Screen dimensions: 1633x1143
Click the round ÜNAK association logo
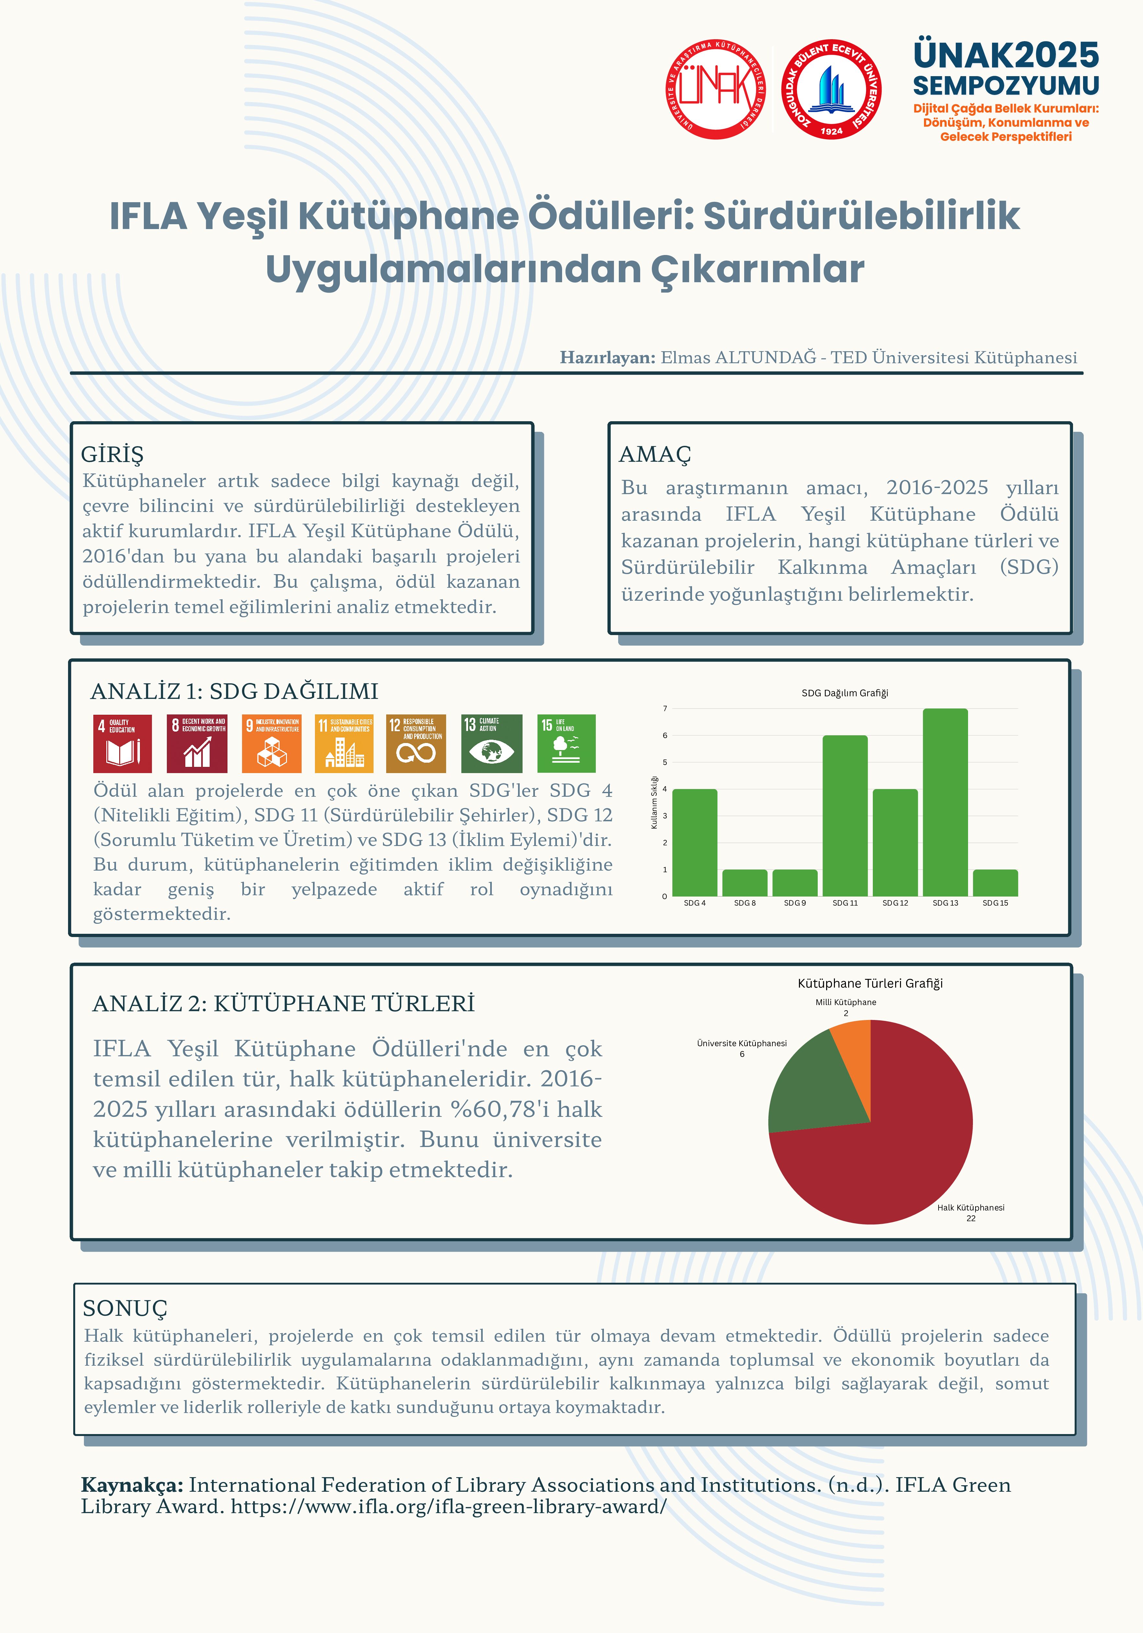click(716, 90)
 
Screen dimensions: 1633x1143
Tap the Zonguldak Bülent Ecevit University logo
click(831, 90)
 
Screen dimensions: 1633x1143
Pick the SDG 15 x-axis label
click(995, 903)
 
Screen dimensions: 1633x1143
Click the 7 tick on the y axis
click(665, 708)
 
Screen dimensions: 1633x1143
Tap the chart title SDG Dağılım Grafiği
click(844, 693)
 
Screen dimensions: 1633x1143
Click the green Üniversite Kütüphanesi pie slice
click(811, 1088)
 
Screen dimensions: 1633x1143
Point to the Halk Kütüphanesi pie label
click(970, 1208)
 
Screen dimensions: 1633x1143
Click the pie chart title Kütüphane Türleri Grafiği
click(870, 983)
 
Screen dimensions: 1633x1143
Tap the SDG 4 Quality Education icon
click(122, 743)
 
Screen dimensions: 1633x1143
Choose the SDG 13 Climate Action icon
click(491, 743)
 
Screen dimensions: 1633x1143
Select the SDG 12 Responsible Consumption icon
click(416, 743)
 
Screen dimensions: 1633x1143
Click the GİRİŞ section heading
click(112, 454)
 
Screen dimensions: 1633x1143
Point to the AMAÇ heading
click(654, 454)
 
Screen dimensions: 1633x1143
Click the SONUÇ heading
click(125, 1307)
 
